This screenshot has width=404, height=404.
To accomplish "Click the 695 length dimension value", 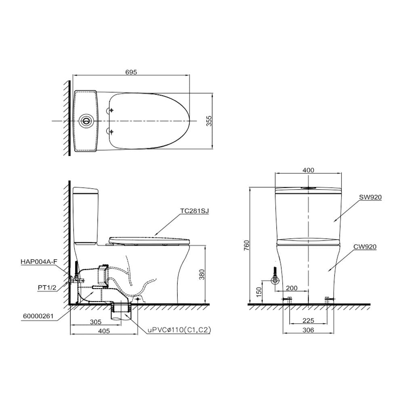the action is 131,72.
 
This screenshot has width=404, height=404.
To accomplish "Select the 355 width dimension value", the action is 209,121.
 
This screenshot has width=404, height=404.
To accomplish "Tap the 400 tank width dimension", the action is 308,170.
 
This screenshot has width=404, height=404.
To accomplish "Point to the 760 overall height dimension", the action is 246,246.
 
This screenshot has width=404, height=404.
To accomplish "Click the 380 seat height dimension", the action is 202,274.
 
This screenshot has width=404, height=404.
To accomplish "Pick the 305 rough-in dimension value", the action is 96,322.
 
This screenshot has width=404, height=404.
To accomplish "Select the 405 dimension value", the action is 104,331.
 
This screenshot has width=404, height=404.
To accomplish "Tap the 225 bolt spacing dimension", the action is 308,320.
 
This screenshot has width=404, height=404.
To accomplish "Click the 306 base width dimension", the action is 308,330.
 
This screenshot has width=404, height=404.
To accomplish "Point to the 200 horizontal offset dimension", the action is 292,288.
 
